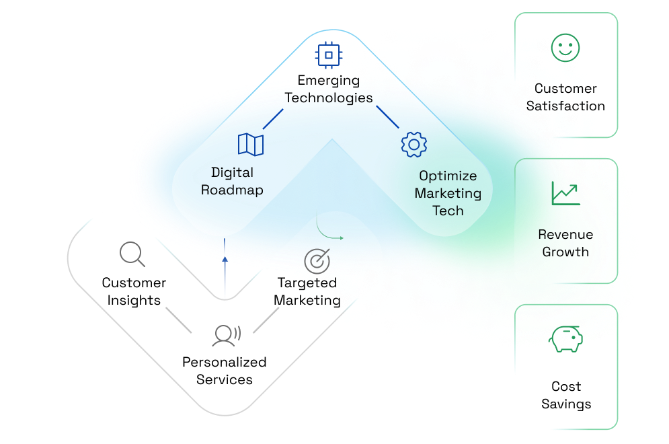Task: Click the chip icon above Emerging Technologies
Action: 328,54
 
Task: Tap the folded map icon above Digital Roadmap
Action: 251,145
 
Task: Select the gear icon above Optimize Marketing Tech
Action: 414,144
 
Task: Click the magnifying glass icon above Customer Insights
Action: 132,254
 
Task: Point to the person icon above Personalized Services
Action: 225,334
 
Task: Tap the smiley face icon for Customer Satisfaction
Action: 565,48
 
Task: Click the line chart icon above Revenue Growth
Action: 565,193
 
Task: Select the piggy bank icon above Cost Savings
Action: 565,339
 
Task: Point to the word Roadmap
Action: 232,190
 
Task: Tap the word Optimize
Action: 448,176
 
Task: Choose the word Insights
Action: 134,300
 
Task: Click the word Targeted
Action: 307,283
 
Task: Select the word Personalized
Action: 224,362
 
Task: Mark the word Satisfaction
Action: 565,106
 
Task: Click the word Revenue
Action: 565,235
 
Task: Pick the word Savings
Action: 566,404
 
